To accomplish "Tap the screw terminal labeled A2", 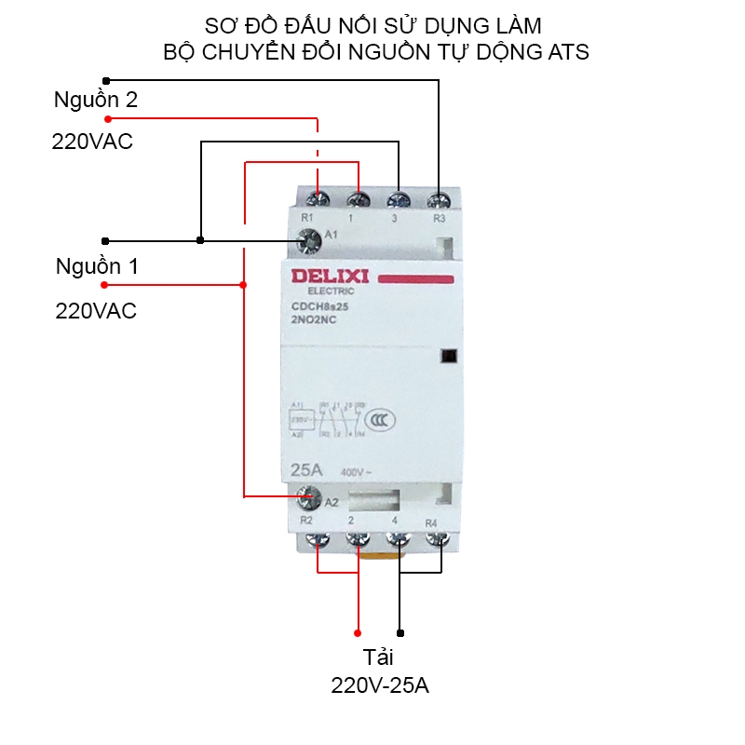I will (x=305, y=498).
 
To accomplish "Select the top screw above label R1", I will (x=318, y=199).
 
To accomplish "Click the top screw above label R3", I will (x=439, y=199).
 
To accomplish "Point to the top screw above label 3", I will (x=399, y=199).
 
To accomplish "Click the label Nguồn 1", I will (x=96, y=266).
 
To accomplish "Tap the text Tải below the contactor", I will (x=379, y=657).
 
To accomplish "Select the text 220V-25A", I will (x=380, y=686).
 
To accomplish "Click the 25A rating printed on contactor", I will (x=307, y=468).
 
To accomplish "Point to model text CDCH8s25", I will (x=319, y=306).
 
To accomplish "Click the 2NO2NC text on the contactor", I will (x=314, y=319).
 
